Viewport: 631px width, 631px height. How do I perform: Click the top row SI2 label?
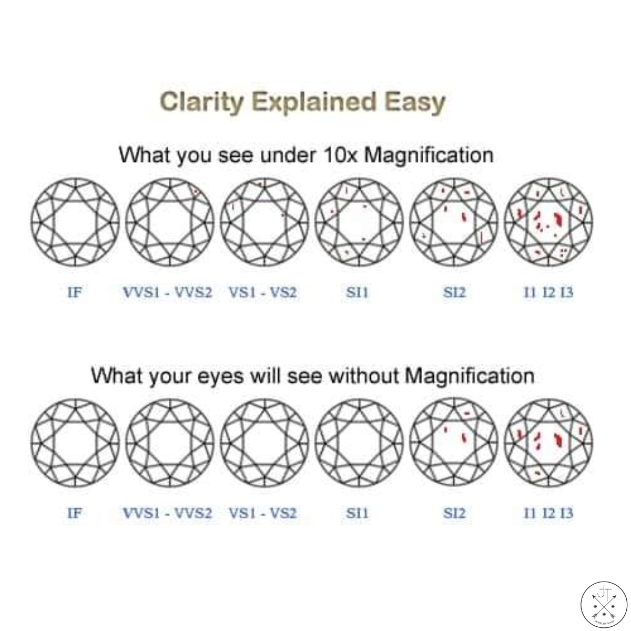pos(454,293)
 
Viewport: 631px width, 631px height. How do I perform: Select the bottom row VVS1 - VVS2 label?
pos(167,513)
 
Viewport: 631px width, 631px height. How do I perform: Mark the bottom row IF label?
pos(75,513)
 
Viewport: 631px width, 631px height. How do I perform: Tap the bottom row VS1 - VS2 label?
pos(263,513)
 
